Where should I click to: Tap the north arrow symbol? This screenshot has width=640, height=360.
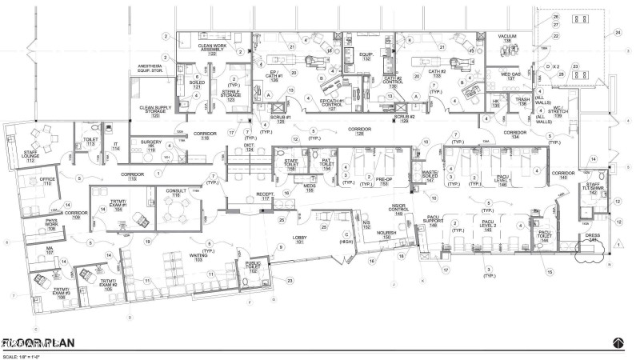coord(618,342)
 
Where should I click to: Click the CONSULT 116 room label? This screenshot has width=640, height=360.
coord(174,193)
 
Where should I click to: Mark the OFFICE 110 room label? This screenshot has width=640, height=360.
coord(48,182)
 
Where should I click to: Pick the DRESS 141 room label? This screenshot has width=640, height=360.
coord(591,238)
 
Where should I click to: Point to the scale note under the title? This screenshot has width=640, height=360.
coord(22,354)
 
